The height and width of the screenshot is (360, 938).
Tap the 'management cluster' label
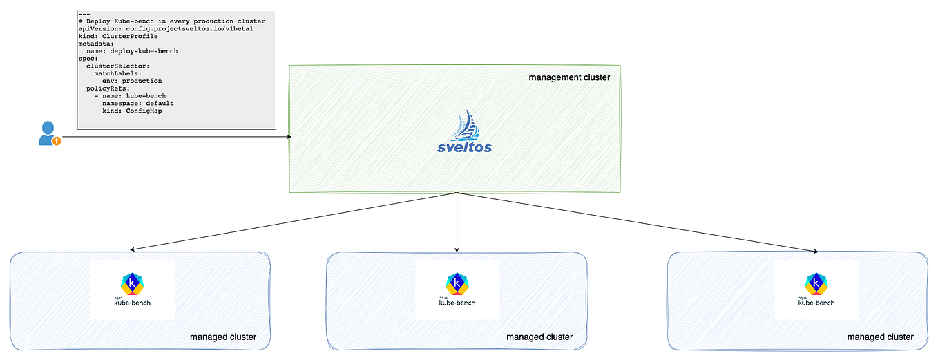pyautogui.click(x=569, y=77)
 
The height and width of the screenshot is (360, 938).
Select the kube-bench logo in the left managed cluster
pyautogui.click(x=132, y=289)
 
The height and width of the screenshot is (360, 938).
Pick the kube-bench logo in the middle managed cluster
pyautogui.click(x=457, y=289)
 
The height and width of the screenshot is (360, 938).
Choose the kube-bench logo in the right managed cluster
pyautogui.click(x=816, y=289)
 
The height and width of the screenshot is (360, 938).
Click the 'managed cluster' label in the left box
pyautogui.click(x=223, y=337)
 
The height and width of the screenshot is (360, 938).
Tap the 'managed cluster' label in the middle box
pyautogui.click(x=539, y=337)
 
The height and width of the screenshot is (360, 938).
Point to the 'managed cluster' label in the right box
pyautogui.click(x=880, y=337)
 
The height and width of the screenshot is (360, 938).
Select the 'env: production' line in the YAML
pyautogui.click(x=132, y=81)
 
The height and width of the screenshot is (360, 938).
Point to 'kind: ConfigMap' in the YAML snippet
pyautogui.click(x=132, y=111)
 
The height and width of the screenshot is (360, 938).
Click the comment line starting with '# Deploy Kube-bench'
pyautogui.click(x=172, y=21)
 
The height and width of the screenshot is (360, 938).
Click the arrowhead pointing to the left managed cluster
pyautogui.click(x=133, y=249)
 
